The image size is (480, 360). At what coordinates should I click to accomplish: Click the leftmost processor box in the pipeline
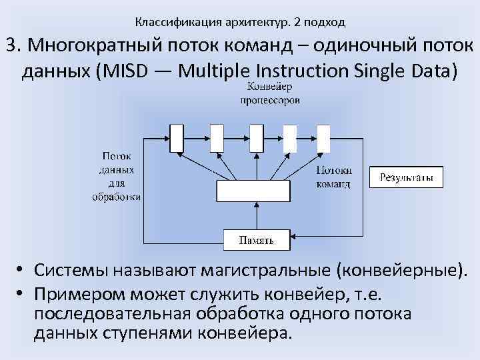point(177,138)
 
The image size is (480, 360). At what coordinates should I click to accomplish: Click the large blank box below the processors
point(253,191)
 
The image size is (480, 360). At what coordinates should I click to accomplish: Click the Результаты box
point(406,177)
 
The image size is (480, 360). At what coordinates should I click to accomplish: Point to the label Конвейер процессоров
point(270,93)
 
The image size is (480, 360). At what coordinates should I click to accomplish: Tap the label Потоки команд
point(333,177)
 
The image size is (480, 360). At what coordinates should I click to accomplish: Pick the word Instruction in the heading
point(296,71)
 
